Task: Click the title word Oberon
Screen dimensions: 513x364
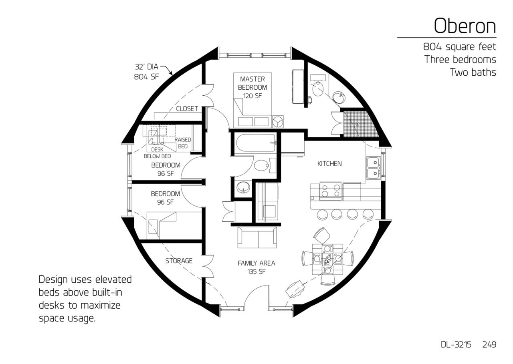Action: point(465,26)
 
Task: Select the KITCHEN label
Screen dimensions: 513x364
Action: point(329,164)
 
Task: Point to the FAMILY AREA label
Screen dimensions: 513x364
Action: point(256,263)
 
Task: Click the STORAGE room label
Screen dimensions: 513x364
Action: point(179,261)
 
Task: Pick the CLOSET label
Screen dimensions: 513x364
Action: point(187,109)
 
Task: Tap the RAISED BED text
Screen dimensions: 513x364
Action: point(183,143)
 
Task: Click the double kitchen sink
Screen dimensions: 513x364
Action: point(373,168)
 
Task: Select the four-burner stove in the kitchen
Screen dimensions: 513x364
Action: point(331,191)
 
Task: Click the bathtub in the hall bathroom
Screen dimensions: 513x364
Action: point(255,143)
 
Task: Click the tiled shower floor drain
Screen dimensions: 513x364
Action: point(357,124)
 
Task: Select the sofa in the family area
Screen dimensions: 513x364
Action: point(257,237)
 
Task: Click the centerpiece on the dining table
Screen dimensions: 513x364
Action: point(328,259)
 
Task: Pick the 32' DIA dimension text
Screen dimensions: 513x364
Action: point(147,67)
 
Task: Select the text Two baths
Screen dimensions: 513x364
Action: point(473,72)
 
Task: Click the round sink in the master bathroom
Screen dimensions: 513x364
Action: point(339,98)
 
